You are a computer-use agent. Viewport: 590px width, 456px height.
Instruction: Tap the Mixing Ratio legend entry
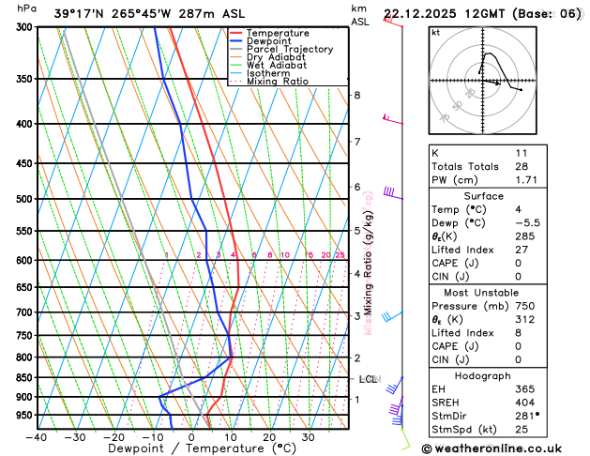click(278, 82)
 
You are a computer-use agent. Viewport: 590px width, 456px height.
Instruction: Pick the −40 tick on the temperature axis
click(37, 436)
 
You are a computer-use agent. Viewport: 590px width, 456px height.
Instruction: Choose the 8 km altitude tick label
click(356, 96)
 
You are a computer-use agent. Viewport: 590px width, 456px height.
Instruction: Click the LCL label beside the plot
click(368, 379)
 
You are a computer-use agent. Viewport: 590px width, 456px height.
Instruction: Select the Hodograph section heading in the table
click(502, 375)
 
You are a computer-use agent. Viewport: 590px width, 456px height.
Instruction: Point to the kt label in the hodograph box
click(435, 32)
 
